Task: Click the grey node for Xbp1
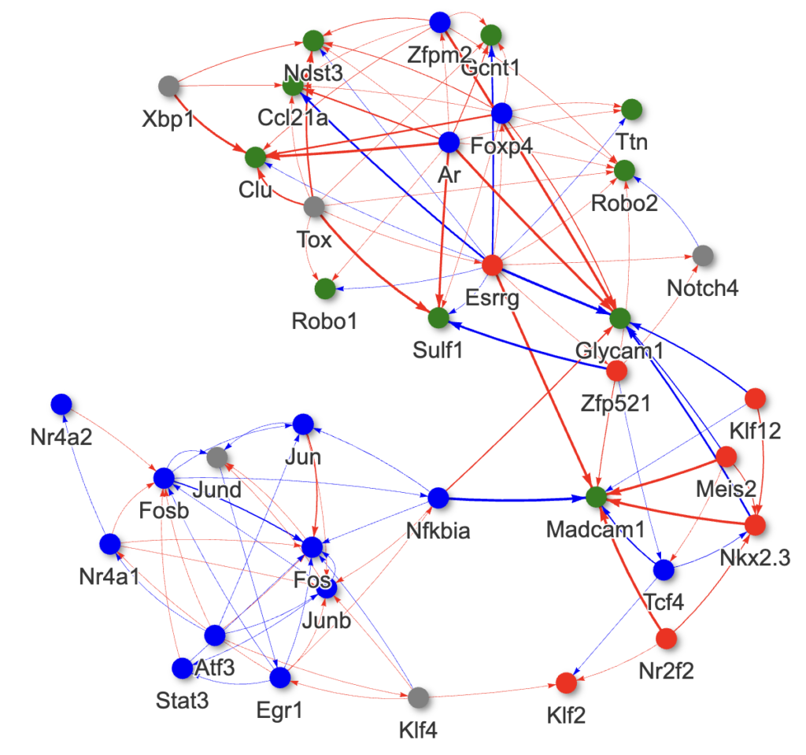coord(168,85)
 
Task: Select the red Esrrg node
coord(492,265)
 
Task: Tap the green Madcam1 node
coord(596,498)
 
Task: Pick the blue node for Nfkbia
coord(438,498)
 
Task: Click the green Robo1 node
coord(324,289)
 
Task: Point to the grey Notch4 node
coord(703,255)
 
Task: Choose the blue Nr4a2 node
coord(61,404)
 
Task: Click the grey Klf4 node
coord(419,698)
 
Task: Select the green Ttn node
coord(630,109)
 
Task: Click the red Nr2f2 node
coord(667,638)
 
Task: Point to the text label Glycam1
coord(619,351)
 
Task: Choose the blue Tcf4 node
coord(664,569)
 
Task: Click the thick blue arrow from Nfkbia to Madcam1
coord(519,498)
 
